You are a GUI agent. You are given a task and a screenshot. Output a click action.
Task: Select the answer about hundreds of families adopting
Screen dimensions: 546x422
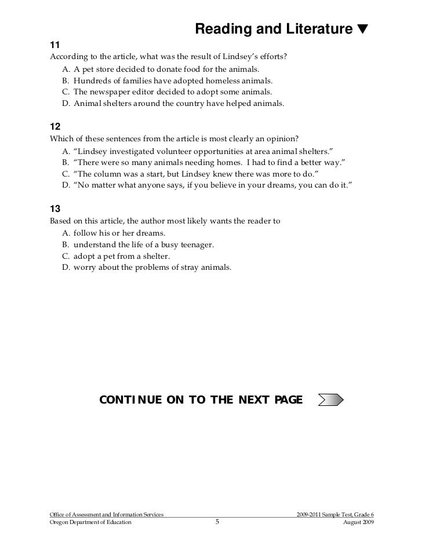[x=169, y=81]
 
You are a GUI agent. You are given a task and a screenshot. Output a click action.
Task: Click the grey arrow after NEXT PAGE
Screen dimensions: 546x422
[x=331, y=400]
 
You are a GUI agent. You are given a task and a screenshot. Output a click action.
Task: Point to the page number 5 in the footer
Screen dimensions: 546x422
[x=217, y=522]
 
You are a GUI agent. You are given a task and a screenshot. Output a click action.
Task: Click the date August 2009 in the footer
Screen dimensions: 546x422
[x=359, y=522]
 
